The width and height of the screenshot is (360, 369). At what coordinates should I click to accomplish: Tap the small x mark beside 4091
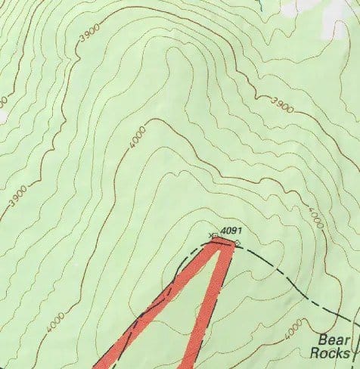211,237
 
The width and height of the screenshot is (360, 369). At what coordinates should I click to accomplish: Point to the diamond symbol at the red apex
237,243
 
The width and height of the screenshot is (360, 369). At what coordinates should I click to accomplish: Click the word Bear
334,340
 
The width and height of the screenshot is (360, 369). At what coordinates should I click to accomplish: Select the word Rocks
331,353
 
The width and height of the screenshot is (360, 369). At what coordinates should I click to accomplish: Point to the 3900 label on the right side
281,104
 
